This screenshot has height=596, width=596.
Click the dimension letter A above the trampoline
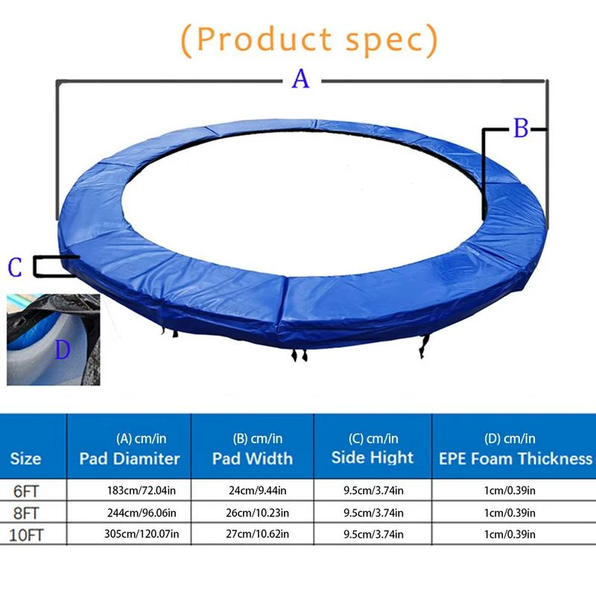(300, 77)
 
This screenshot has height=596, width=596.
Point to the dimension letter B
(521, 129)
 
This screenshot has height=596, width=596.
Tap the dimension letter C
(16, 267)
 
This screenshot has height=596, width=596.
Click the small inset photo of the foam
(51, 340)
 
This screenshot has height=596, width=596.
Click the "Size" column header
(25, 458)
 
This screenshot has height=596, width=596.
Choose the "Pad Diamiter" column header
(130, 458)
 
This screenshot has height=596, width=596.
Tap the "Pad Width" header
(253, 458)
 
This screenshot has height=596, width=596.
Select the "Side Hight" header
(372, 457)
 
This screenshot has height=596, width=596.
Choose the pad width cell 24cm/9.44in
(253, 491)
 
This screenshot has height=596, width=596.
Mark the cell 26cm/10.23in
(253, 513)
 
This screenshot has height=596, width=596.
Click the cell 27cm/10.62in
(253, 534)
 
